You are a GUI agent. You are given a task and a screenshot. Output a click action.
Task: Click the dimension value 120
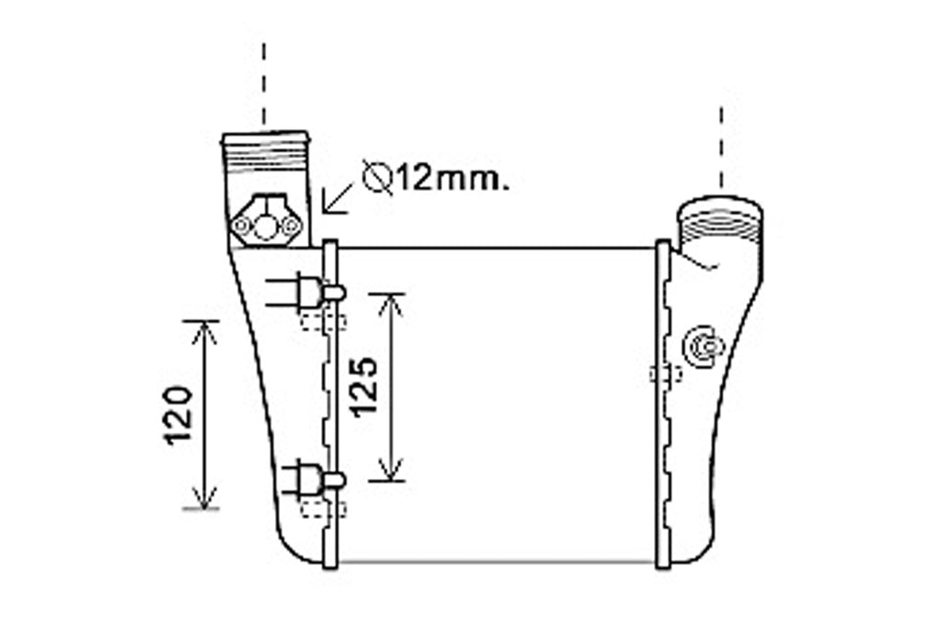point(178,415)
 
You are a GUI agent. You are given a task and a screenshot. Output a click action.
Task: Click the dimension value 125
point(364,387)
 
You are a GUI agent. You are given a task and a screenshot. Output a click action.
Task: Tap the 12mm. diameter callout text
point(453,180)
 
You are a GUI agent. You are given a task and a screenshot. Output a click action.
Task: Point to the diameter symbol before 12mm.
point(377,178)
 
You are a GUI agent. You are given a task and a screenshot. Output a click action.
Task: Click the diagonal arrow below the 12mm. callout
point(338,198)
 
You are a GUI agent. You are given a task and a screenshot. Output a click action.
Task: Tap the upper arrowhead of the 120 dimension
point(204,332)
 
